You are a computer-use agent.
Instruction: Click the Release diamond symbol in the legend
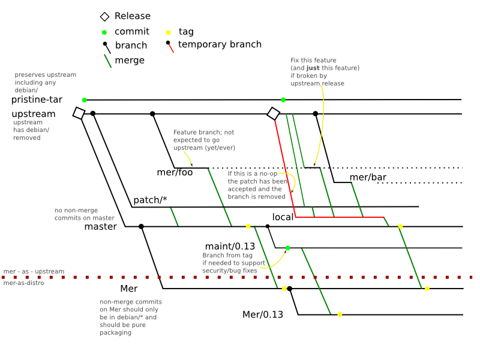click(x=104, y=16)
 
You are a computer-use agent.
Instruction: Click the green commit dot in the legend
click(x=104, y=32)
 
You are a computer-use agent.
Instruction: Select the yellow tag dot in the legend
click(x=169, y=32)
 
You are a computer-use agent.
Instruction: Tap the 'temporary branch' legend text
click(x=220, y=44)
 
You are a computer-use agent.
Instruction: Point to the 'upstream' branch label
click(x=34, y=114)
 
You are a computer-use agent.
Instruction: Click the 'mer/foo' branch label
click(x=175, y=173)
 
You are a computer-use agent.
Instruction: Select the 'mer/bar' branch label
click(x=368, y=177)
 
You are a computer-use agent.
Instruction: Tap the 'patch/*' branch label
click(x=150, y=200)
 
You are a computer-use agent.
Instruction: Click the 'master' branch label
click(x=100, y=227)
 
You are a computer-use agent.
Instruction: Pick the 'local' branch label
click(x=283, y=217)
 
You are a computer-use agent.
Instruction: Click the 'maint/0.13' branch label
click(x=230, y=247)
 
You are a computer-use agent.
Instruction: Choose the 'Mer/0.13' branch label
click(x=262, y=314)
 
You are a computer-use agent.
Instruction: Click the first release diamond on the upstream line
click(x=79, y=113)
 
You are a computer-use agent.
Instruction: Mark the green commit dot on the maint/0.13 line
click(x=288, y=248)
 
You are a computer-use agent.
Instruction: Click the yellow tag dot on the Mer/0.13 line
click(x=340, y=314)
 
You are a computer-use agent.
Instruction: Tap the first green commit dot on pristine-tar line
click(x=85, y=100)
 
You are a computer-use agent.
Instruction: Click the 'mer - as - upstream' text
click(x=34, y=272)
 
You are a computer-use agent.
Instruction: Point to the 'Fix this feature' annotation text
click(x=313, y=61)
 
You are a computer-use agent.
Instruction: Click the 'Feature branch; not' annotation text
click(x=204, y=132)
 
